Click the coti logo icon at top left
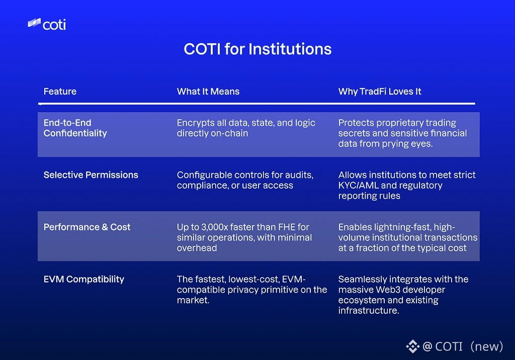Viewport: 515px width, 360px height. pyautogui.click(x=34, y=23)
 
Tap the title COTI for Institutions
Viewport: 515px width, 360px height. pyautogui.click(x=257, y=49)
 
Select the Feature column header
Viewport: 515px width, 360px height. pyautogui.click(x=60, y=92)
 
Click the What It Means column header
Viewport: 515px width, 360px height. pyautogui.click(x=208, y=92)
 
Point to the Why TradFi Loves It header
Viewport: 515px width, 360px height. pyautogui.click(x=380, y=92)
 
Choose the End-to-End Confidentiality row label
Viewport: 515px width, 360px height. pyautogui.click(x=75, y=128)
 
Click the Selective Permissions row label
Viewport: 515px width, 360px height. pyautogui.click(x=91, y=175)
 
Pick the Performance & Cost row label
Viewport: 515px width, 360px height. pyautogui.click(x=87, y=227)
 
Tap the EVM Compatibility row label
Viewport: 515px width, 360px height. pyautogui.click(x=84, y=279)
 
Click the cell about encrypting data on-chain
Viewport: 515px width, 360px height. pyautogui.click(x=246, y=128)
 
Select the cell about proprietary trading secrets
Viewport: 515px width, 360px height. pyautogui.click(x=402, y=133)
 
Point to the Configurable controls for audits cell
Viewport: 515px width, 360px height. pyautogui.click(x=245, y=180)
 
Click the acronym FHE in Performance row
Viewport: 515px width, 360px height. pyautogui.click(x=287, y=227)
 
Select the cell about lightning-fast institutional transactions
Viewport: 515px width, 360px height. pyautogui.click(x=408, y=237)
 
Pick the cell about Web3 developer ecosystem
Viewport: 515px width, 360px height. pyautogui.click(x=403, y=295)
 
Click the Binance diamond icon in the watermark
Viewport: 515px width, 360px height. pyautogui.click(x=413, y=346)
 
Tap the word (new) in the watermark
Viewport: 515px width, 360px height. pyautogui.click(x=487, y=346)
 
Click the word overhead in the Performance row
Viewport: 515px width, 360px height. pyautogui.click(x=197, y=248)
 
